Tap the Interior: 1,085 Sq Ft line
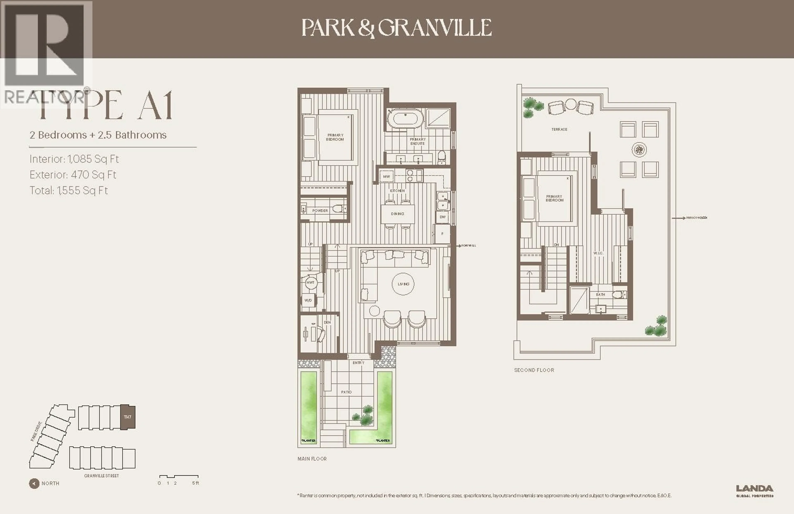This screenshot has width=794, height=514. (74, 159)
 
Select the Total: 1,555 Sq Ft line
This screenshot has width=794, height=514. (69, 190)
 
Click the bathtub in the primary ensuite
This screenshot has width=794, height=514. (405, 118)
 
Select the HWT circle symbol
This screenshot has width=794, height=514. (310, 282)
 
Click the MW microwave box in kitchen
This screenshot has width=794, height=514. (386, 176)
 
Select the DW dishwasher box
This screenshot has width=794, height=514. (442, 217)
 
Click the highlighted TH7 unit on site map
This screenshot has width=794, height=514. (127, 417)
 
